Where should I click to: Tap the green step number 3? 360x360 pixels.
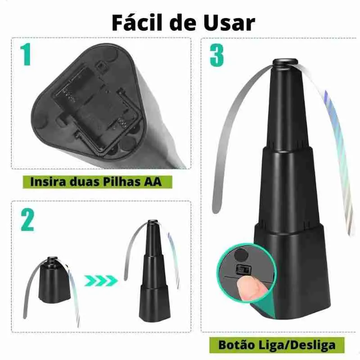click(x=216, y=55)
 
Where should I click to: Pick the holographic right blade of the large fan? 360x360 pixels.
click(x=340, y=148)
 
